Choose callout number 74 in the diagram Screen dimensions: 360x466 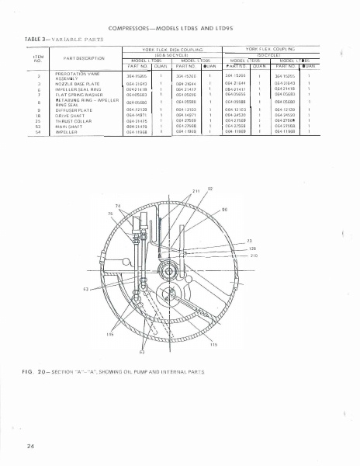(119, 204)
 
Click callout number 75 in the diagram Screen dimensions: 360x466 (110, 212)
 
